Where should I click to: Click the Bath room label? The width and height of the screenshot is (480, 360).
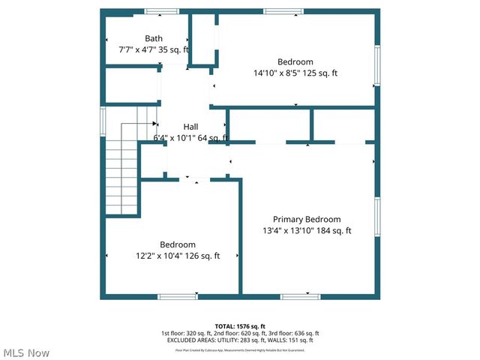154,38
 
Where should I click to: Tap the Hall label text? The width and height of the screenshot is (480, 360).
190,127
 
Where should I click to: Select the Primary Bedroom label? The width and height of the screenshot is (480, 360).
307,219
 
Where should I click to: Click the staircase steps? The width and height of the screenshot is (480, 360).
122,172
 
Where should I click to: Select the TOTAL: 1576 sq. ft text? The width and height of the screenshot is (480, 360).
240,326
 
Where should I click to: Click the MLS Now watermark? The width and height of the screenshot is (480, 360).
26,352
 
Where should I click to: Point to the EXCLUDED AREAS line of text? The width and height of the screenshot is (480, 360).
240,340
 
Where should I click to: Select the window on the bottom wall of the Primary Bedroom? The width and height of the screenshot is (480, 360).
301,297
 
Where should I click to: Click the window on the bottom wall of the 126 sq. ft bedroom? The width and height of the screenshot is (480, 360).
178,297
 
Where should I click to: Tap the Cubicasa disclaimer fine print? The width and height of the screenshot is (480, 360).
240,349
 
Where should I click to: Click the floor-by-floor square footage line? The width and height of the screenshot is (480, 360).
240,333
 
